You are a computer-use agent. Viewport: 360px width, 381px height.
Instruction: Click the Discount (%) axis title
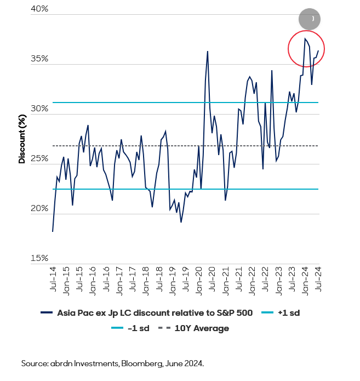[22, 139]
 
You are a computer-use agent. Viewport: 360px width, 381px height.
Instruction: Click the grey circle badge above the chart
[310, 19]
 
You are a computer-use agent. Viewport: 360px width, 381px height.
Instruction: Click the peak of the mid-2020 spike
[208, 52]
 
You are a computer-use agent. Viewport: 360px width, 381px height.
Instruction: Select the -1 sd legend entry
[132, 328]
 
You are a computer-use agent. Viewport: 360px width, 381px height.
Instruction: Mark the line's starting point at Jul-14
[53, 231]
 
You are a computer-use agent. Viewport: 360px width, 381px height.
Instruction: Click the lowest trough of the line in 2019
[181, 221]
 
